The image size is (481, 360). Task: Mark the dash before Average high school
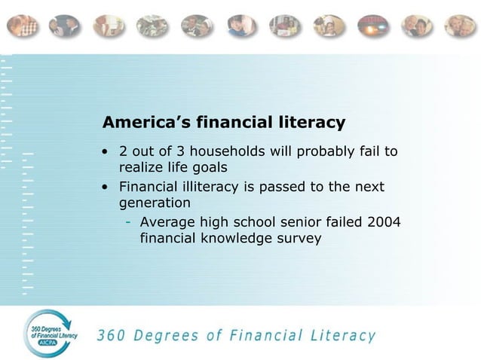tap(130, 222)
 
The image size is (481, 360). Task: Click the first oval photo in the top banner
tap(22, 26)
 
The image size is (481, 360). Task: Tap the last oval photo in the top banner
tap(459, 26)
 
